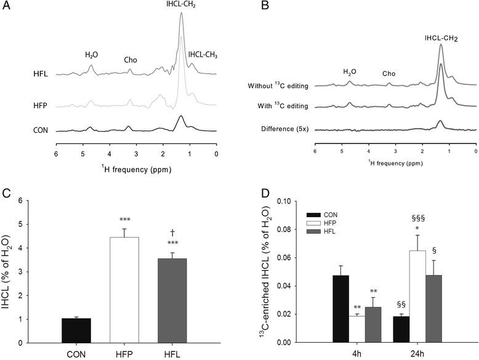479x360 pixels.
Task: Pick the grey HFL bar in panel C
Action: [x=174, y=300]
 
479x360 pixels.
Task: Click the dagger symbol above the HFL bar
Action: [x=175, y=231]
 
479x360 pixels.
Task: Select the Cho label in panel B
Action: [x=388, y=73]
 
